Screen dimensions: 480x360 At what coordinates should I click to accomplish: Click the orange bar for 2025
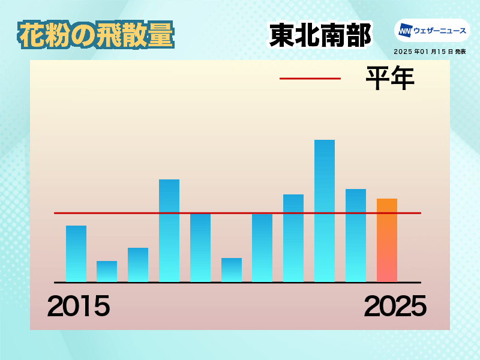(387, 241)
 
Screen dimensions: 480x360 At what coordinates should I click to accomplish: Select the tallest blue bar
(325, 211)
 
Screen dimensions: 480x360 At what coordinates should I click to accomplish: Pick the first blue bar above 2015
(76, 254)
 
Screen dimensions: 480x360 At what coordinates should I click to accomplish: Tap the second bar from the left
(107, 272)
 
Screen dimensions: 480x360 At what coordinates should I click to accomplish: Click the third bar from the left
(138, 265)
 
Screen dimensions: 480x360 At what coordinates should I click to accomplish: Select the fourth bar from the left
(169, 231)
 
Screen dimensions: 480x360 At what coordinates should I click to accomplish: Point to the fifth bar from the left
(200, 248)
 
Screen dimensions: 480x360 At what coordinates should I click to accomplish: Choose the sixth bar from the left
(232, 270)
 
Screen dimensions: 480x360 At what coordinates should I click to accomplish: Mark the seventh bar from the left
(262, 248)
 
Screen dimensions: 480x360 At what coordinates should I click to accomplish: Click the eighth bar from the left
(293, 238)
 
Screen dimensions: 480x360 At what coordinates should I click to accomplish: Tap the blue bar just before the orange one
(356, 235)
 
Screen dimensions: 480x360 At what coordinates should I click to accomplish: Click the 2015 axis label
(79, 306)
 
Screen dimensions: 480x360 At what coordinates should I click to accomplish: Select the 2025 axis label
(395, 306)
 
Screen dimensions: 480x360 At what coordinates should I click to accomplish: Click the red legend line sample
(310, 79)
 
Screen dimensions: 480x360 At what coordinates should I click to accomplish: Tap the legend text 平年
(391, 78)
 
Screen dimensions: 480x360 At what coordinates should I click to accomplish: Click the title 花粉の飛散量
(96, 35)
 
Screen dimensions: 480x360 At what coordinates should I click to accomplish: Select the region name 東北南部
(320, 35)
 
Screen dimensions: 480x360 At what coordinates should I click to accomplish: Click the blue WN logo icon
(405, 31)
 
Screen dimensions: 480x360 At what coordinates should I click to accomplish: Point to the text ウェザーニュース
(440, 31)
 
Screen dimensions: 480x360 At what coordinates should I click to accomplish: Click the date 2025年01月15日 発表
(430, 52)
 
